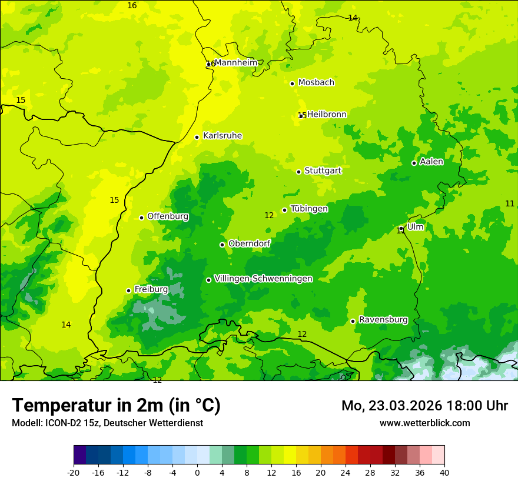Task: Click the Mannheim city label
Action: click(235, 62)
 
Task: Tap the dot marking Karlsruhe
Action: click(197, 137)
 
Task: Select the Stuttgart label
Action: click(323, 171)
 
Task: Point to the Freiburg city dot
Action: click(128, 290)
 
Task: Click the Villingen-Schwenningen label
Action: click(263, 279)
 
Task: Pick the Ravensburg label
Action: click(383, 320)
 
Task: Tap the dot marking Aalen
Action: click(414, 163)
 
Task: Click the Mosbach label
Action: click(316, 82)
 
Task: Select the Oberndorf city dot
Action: click(222, 245)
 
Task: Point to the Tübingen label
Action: click(309, 209)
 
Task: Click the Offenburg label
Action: click(168, 216)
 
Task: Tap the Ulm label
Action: click(415, 226)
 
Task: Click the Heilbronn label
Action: click(327, 114)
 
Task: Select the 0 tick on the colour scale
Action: click(197, 472)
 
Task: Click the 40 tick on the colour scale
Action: click(444, 472)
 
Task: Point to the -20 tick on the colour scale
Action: click(74, 472)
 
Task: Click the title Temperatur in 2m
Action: click(116, 405)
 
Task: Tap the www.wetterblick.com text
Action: click(424, 423)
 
